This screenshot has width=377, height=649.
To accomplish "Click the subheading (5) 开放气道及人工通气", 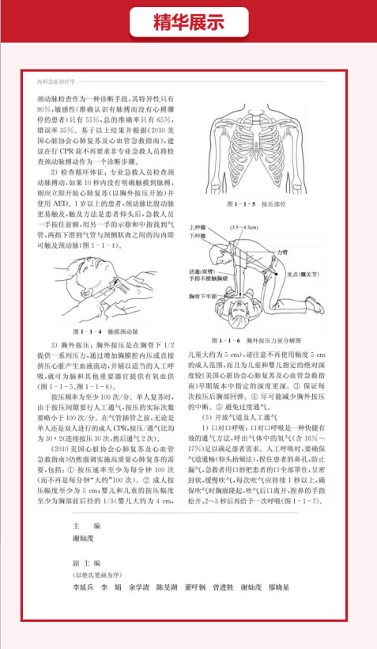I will coord(240,417).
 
